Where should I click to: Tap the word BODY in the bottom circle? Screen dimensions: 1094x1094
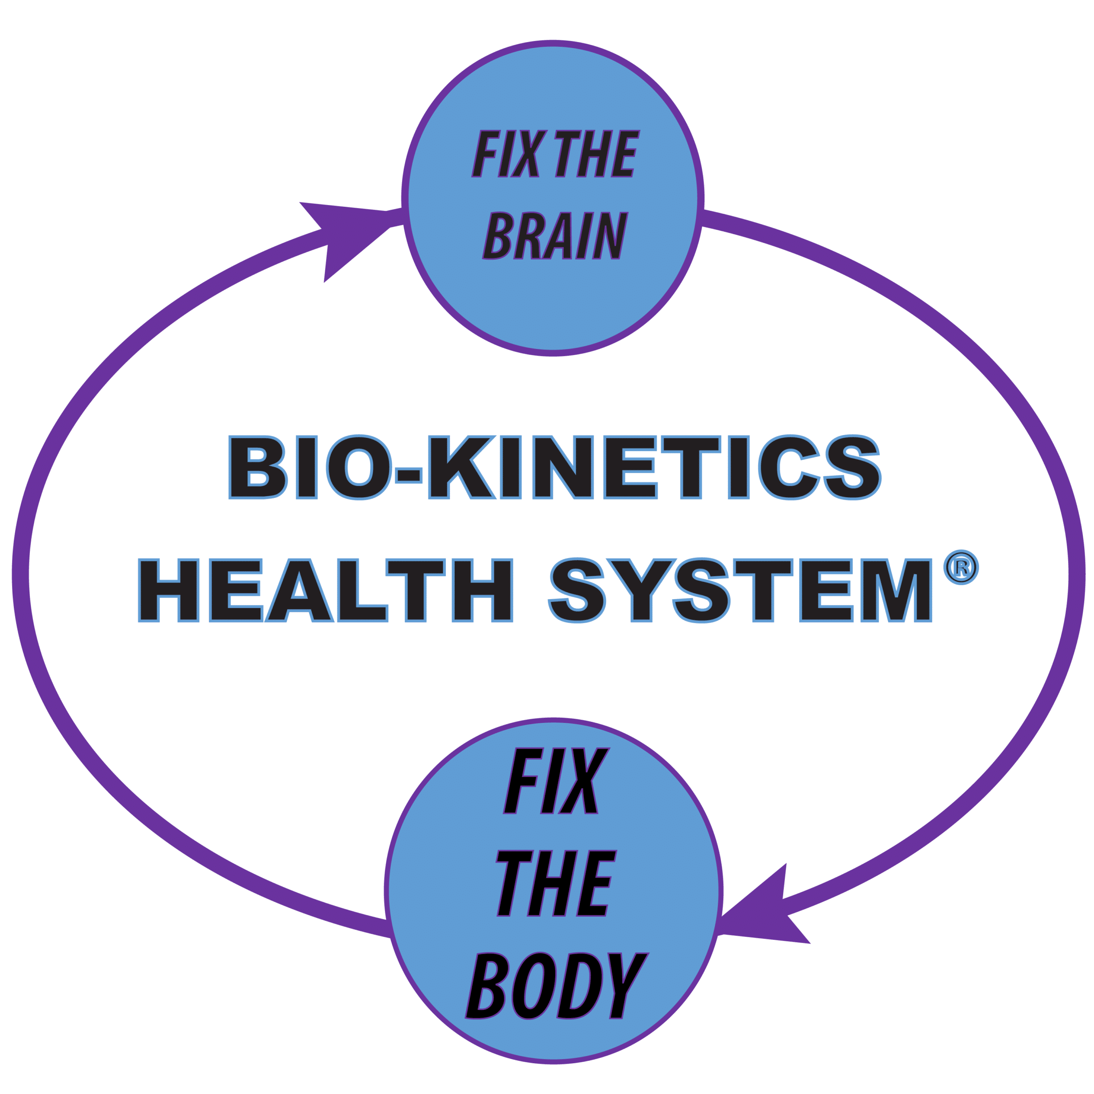point(557,986)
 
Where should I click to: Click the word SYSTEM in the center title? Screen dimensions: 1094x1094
point(740,590)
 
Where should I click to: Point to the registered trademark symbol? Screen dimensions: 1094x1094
point(961,567)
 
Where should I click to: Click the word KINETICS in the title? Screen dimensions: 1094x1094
point(654,467)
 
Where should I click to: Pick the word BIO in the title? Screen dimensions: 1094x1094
point(310,467)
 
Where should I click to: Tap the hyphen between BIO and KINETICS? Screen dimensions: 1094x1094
point(409,475)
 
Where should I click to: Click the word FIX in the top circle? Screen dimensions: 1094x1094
point(509,154)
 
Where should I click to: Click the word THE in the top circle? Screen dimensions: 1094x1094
point(597,154)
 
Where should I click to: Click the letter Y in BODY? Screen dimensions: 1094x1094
point(629,986)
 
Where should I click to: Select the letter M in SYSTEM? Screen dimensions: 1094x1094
point(897,590)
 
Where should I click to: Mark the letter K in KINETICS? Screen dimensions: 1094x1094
point(462,467)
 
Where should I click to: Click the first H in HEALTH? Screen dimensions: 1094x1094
point(169,590)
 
